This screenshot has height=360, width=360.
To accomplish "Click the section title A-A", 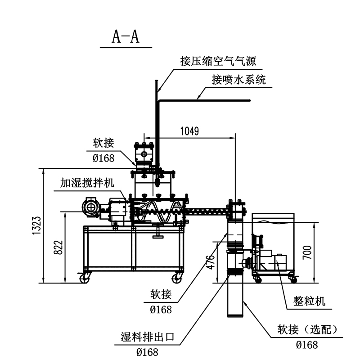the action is [126, 37].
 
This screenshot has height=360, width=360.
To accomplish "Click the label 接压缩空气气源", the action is [218, 61].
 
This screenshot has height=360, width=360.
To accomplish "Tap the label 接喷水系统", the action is [238, 80].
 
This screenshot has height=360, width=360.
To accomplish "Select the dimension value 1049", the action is [189, 131].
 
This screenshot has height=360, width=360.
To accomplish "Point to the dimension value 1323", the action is [37, 225].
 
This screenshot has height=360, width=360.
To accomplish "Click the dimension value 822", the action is [58, 247].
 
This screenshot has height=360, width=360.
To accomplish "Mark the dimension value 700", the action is [307, 252].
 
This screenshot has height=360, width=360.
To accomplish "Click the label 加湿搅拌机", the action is [87, 183].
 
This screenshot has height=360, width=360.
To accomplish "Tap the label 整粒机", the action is [309, 301].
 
